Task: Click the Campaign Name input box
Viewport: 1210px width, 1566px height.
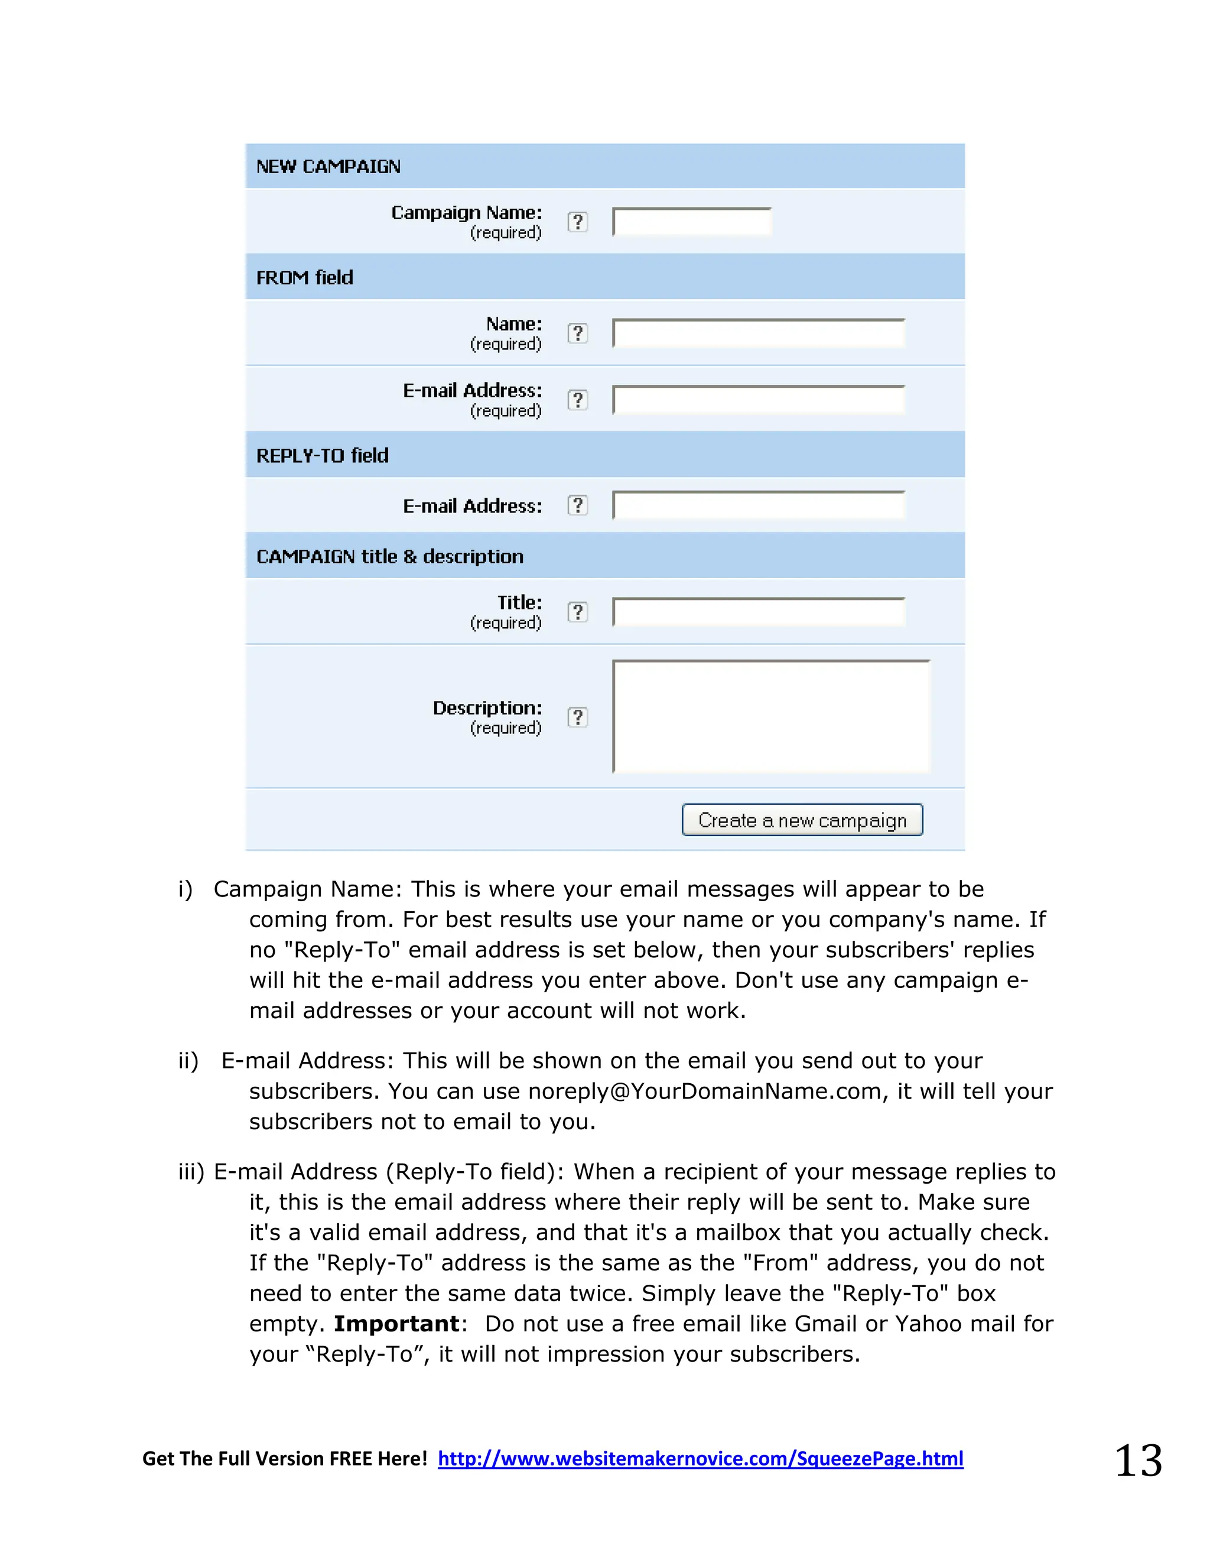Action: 691,222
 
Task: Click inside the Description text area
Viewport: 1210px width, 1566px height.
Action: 770,716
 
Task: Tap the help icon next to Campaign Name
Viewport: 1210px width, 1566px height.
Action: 578,222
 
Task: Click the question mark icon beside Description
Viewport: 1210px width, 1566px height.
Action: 578,717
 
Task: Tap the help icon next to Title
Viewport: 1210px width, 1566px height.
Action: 578,612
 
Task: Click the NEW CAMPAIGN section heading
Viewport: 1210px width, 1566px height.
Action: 328,167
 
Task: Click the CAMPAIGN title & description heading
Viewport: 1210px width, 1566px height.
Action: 390,557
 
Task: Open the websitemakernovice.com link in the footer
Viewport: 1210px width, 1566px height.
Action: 700,1458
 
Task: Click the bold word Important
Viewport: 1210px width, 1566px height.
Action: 396,1324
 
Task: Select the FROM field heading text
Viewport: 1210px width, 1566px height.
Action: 305,278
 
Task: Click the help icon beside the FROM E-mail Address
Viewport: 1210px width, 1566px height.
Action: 578,400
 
